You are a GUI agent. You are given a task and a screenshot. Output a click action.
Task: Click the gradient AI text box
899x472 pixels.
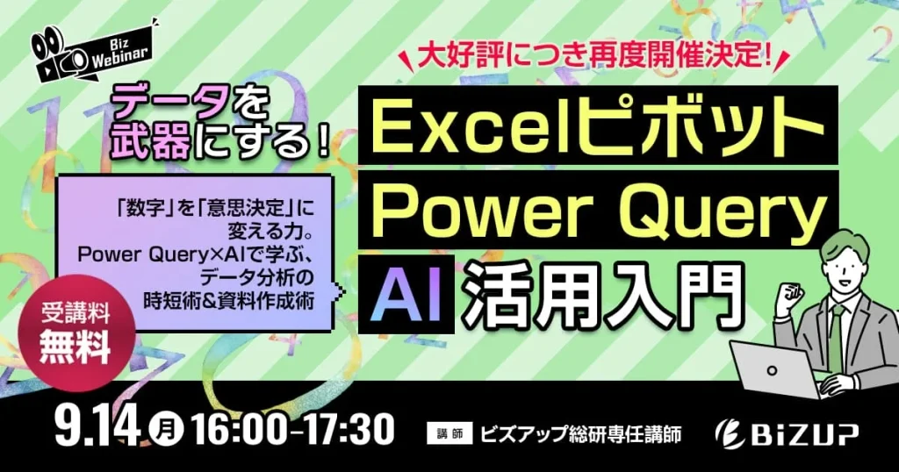pos(406,293)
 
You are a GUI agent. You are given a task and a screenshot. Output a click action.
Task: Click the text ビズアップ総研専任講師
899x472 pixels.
pos(581,433)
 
